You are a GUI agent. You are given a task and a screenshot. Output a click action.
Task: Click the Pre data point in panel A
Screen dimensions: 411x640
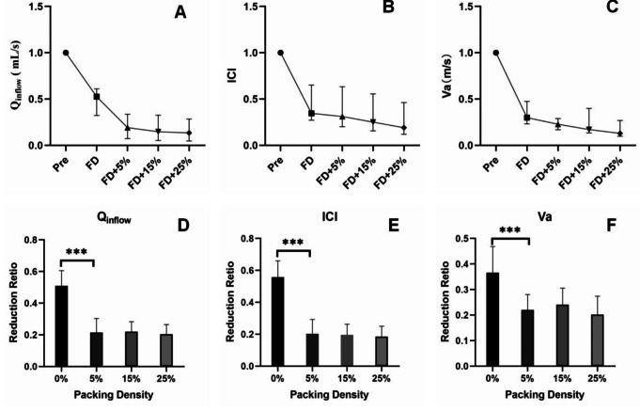click(x=66, y=53)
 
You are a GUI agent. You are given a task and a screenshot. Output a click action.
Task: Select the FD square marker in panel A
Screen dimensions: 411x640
click(x=97, y=96)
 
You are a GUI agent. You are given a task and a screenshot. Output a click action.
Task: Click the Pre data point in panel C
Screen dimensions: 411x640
click(x=495, y=53)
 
